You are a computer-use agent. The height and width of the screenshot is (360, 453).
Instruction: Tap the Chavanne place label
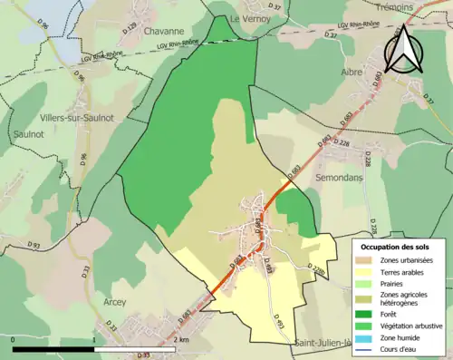[x=164, y=31]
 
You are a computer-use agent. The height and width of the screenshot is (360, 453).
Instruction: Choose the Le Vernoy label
[x=246, y=18]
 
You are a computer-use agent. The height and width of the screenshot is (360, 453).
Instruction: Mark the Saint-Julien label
[x=329, y=342]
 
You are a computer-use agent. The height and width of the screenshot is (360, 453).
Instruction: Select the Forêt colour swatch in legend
[x=368, y=308]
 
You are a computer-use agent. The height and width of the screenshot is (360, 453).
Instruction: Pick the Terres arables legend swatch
[x=368, y=271]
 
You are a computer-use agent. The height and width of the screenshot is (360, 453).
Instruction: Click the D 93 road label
[x=34, y=245]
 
